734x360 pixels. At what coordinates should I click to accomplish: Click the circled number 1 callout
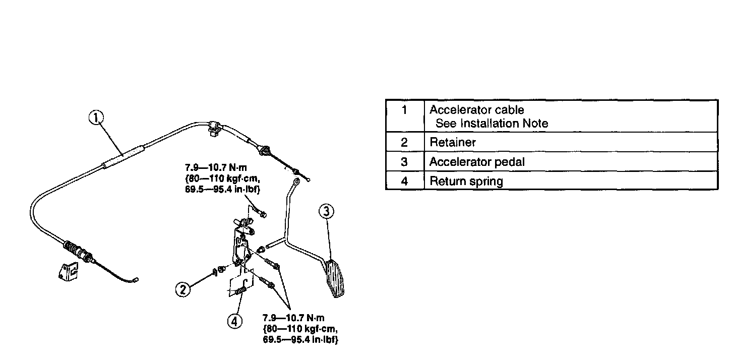[x=96, y=118]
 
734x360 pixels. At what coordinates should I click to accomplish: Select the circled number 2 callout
[x=182, y=289]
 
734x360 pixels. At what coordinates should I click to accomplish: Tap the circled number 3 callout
[x=326, y=212]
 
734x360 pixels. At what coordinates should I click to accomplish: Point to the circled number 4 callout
[x=234, y=321]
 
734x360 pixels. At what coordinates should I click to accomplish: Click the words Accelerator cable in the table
[x=476, y=110]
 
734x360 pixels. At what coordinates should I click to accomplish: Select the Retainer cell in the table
[x=452, y=142]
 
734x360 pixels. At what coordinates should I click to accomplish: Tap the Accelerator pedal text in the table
[x=476, y=162]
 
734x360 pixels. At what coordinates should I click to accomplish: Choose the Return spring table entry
[x=466, y=181]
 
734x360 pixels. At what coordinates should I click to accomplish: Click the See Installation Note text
[x=492, y=123]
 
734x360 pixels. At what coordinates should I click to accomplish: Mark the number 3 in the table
[x=404, y=162]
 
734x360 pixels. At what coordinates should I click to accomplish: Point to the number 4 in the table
[x=404, y=181]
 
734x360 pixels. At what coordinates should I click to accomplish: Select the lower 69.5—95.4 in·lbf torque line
[x=300, y=339]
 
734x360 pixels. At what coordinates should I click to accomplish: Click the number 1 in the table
[x=404, y=110]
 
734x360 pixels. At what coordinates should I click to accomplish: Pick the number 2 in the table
[x=404, y=142]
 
